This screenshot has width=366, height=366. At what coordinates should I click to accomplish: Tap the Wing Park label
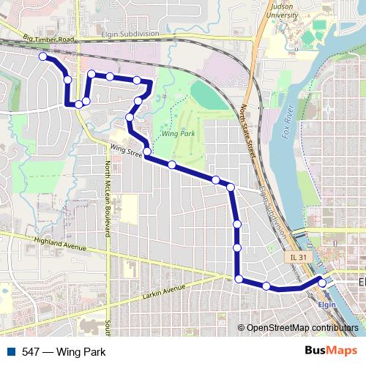coord(176,135)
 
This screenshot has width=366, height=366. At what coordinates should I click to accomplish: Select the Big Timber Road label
coord(49,38)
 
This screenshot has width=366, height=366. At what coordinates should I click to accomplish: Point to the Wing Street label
coord(125,149)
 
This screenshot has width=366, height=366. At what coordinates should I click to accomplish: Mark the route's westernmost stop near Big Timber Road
coord(43,56)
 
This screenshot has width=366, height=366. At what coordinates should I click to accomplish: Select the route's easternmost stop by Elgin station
coord(322,283)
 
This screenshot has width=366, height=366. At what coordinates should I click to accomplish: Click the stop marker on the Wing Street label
coord(147,152)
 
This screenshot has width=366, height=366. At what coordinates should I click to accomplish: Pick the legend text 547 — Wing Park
coord(64,352)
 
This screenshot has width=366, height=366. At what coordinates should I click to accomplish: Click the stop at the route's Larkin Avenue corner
coord(239,278)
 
